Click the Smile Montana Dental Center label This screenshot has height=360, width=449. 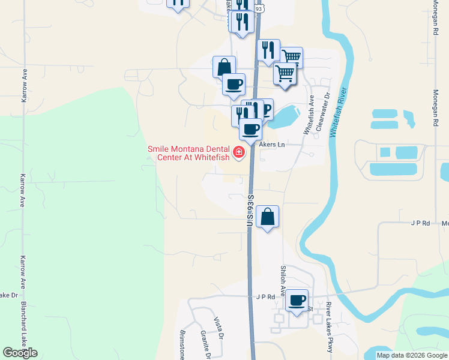click(x=190, y=154)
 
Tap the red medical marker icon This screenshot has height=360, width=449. click(x=239, y=152)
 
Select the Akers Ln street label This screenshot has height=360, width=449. click(x=271, y=145)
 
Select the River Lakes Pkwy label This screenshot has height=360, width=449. click(x=330, y=327)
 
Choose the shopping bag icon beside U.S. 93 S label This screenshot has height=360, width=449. click(x=268, y=216)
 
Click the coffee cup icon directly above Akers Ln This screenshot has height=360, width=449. click(x=250, y=128)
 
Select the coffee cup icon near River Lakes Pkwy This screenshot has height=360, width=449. click(x=296, y=299)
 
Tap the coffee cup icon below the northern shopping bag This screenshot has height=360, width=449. click(x=234, y=83)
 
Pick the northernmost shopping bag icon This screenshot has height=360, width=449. click(x=224, y=66)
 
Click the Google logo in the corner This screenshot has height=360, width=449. click(x=20, y=353)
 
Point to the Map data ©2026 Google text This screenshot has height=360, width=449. click(x=411, y=355)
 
